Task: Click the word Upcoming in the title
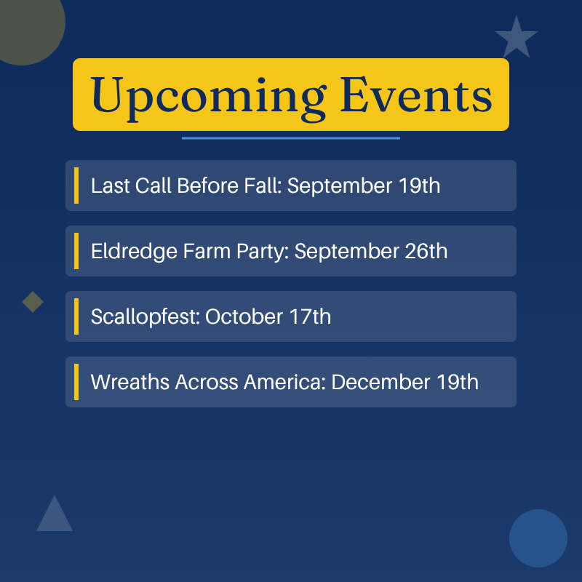pos(209,98)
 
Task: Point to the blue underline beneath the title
pos(290,138)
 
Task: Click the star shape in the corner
pos(517,37)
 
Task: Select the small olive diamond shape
pos(33,302)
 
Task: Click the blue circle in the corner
pos(538,538)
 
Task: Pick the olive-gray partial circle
pos(26,26)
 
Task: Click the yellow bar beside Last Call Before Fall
pos(76,186)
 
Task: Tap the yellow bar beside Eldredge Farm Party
pos(76,251)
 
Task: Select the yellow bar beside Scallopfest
pos(76,316)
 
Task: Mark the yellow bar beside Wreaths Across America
pos(76,382)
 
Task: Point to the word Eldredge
pos(135,252)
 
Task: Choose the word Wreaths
pos(130,382)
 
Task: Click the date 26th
pos(426,251)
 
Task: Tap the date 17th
pos(310,316)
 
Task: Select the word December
pos(380,383)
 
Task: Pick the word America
pos(284,383)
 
